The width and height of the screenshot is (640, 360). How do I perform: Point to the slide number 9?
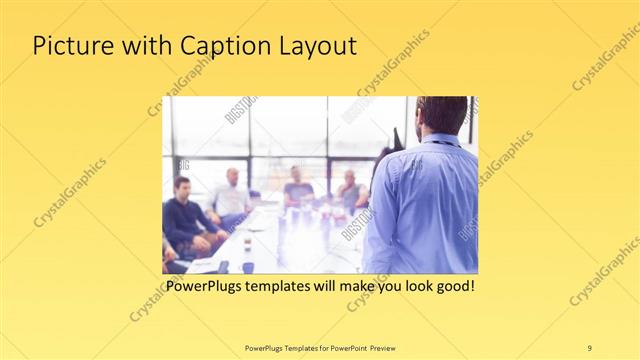pos(590,347)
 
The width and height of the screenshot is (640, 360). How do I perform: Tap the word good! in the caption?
pos(453,287)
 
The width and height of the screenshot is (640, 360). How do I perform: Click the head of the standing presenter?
pos(441,115)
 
